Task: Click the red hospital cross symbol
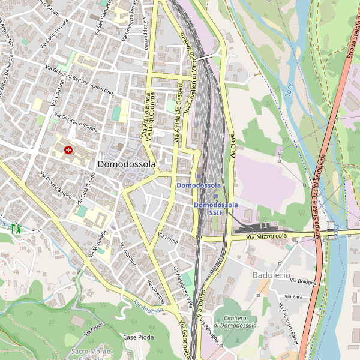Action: pos(68,149)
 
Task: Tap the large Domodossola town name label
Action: pos(126,164)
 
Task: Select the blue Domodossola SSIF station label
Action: pos(215,208)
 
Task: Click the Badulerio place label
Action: pos(271,275)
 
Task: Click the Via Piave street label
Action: pos(232,146)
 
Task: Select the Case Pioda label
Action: pos(138,337)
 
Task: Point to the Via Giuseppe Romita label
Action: pos(76,122)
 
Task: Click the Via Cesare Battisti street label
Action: pos(56,185)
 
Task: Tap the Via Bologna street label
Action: pos(303,282)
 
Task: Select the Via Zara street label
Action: pos(294,296)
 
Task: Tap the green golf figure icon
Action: pos(17,228)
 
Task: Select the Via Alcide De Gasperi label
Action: pos(178,113)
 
